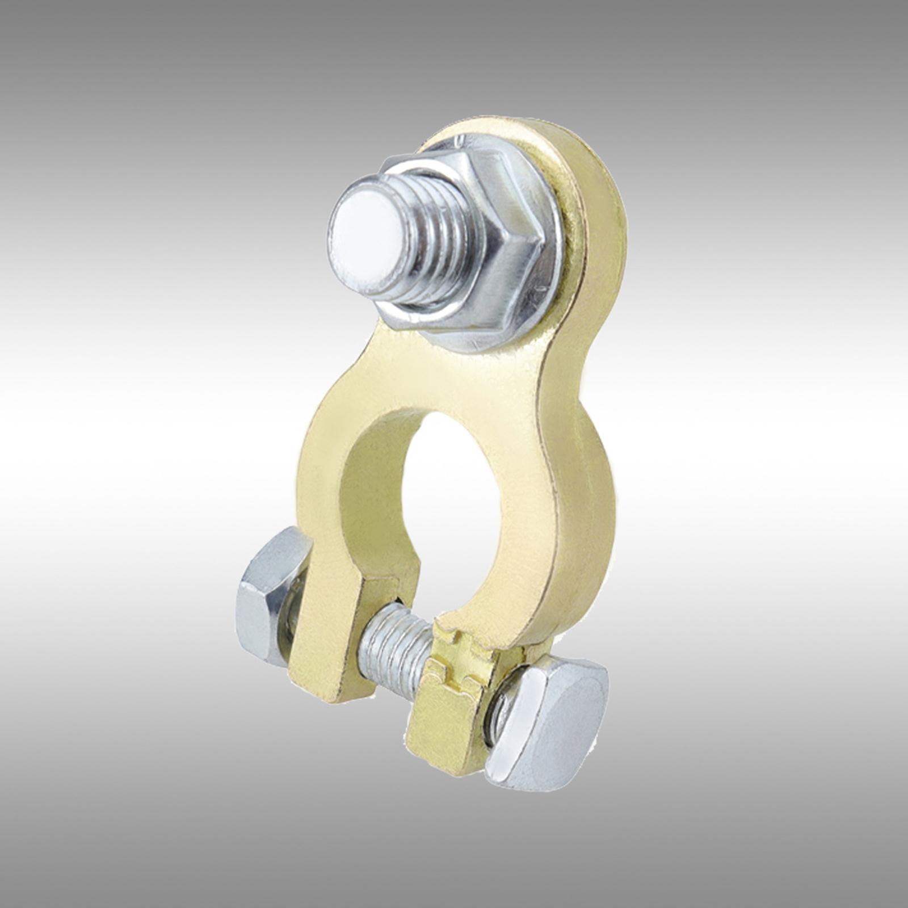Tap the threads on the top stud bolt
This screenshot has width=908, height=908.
(x=437, y=244)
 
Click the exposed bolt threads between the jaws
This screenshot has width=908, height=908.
(x=392, y=653)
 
